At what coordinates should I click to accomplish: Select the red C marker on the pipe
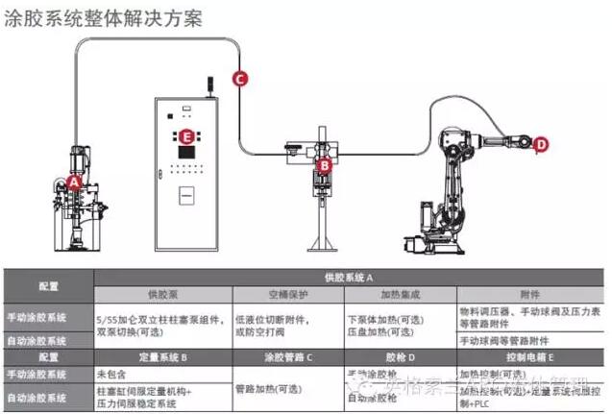(240, 80)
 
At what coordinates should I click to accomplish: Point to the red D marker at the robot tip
(541, 145)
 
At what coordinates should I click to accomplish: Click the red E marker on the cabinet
(186, 136)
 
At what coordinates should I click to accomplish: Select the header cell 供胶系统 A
(350, 277)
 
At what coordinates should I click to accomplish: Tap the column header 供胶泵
(162, 294)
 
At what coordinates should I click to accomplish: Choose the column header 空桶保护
(287, 294)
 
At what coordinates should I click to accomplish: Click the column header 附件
(530, 294)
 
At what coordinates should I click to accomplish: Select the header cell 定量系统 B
(162, 356)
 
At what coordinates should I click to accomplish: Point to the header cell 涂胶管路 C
(287, 356)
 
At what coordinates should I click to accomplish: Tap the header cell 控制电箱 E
(530, 356)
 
